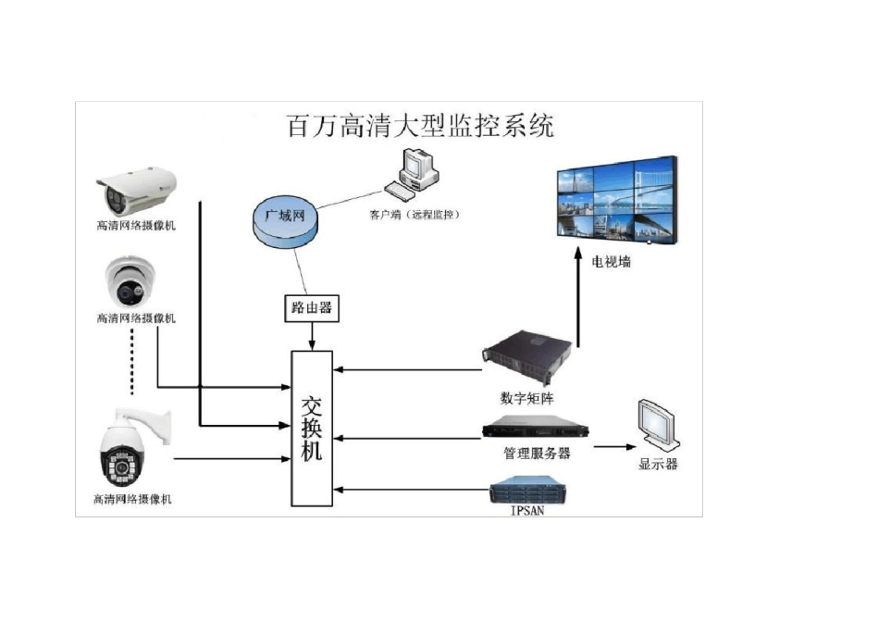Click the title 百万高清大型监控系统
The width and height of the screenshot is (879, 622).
422,127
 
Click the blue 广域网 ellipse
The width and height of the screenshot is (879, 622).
286,220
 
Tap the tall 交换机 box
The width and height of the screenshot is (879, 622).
312,429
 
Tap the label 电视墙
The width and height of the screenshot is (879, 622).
612,262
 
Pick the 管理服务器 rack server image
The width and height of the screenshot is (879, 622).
536,428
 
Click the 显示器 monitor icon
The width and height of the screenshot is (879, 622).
662,426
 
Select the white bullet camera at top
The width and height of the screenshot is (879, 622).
135,190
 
